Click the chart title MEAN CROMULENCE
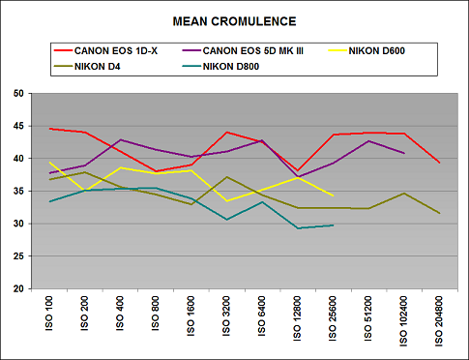coord(234,19)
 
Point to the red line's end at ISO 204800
coord(440,163)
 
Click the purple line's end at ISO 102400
coord(404,153)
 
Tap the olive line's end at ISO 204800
coord(440,213)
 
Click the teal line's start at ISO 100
coord(50,201)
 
